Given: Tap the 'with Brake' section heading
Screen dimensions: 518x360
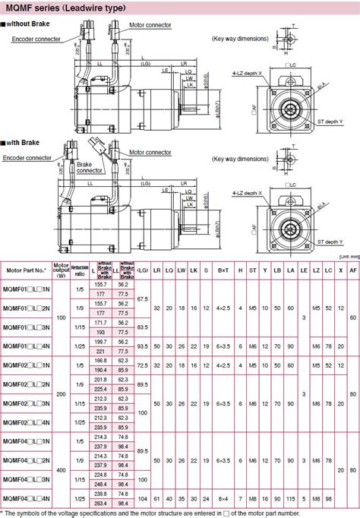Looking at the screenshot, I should coord(26,142).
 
